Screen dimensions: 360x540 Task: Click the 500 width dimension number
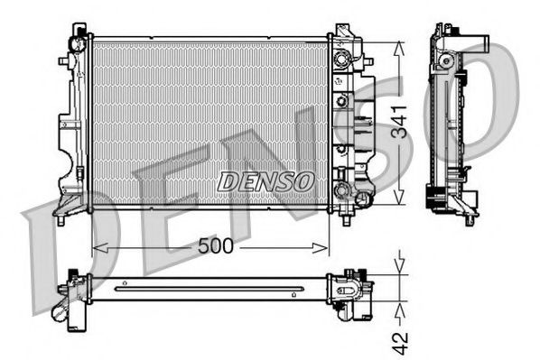[x=216, y=245]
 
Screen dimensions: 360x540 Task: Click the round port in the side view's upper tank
[x=445, y=60]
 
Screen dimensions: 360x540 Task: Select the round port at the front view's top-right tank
[x=341, y=60]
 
